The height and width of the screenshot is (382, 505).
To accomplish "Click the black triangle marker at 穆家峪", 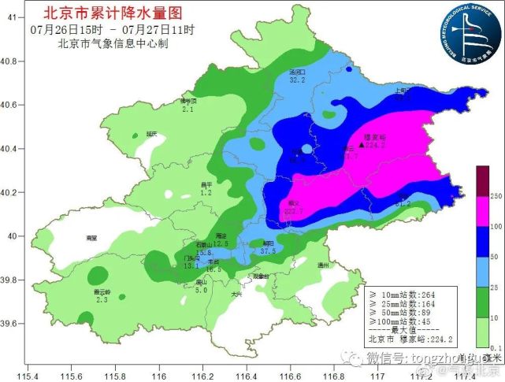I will [x=361, y=146].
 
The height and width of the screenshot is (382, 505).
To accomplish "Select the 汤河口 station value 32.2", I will [x=297, y=80].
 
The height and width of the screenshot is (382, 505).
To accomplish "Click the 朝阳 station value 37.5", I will [x=268, y=251].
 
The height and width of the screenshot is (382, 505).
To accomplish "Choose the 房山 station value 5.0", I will [x=201, y=291].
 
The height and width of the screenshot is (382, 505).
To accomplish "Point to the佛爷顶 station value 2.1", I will [x=188, y=109].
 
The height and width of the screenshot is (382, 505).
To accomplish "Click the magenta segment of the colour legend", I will [x=482, y=213].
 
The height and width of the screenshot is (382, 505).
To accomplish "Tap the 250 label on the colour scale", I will [x=496, y=195].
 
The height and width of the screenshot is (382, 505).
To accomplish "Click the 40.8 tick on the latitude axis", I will [x=12, y=61].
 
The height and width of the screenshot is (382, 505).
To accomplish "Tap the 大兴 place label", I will [x=236, y=295].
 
